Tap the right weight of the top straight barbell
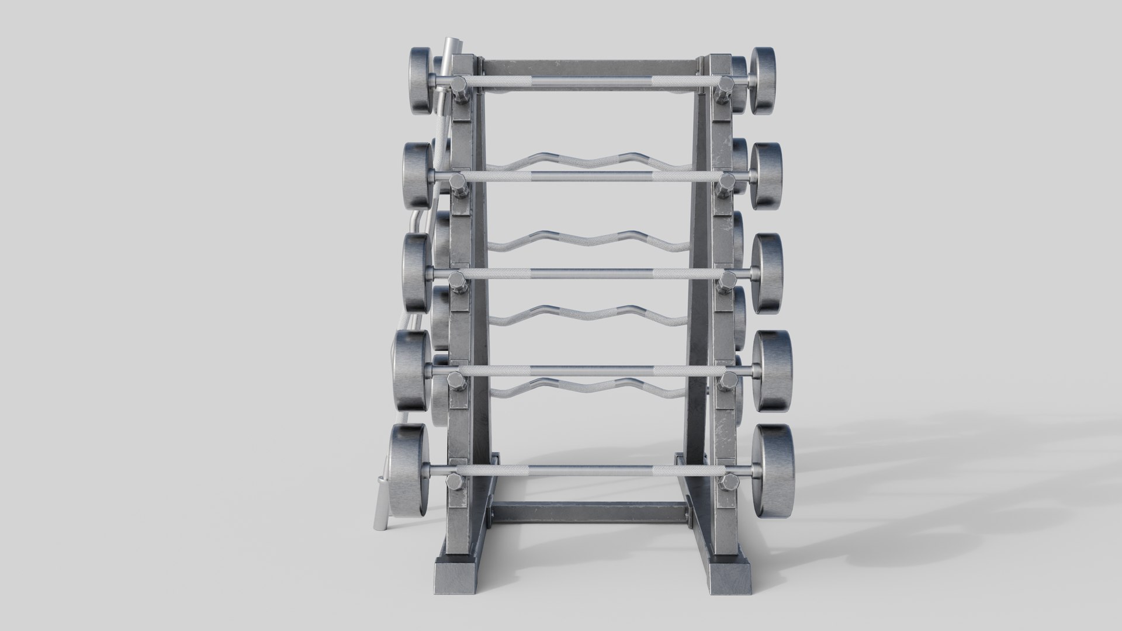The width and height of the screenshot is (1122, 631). point(763,79)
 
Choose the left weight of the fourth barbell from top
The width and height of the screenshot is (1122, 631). point(412,370)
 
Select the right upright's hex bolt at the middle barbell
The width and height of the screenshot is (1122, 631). point(728,282)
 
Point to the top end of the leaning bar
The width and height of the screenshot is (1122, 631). point(448,48)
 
